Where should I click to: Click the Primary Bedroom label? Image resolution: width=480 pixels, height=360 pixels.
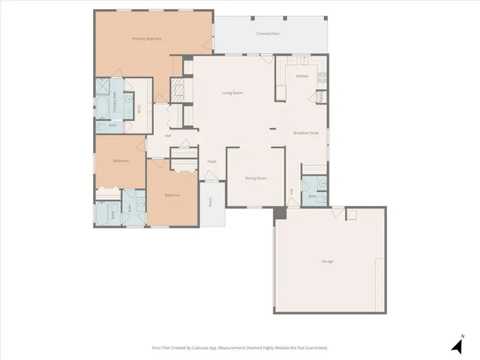(147, 38)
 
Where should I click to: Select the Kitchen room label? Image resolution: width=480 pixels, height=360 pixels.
(302, 76)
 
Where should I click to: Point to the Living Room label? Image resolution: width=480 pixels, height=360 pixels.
(232, 93)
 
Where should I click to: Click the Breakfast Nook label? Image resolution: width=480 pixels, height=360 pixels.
(306, 133)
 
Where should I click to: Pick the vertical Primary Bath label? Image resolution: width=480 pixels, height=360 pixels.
(115, 102)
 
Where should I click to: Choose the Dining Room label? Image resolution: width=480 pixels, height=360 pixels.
(256, 178)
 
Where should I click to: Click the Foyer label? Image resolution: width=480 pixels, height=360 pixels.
(212, 161)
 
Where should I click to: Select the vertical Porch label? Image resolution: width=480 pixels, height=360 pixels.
(211, 201)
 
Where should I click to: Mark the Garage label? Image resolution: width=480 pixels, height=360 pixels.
(328, 261)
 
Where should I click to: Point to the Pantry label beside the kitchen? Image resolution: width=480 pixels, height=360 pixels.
(320, 96)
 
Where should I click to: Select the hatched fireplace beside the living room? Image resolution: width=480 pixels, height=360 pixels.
(177, 91)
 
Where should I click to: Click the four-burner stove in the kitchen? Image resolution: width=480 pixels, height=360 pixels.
(321, 76)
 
